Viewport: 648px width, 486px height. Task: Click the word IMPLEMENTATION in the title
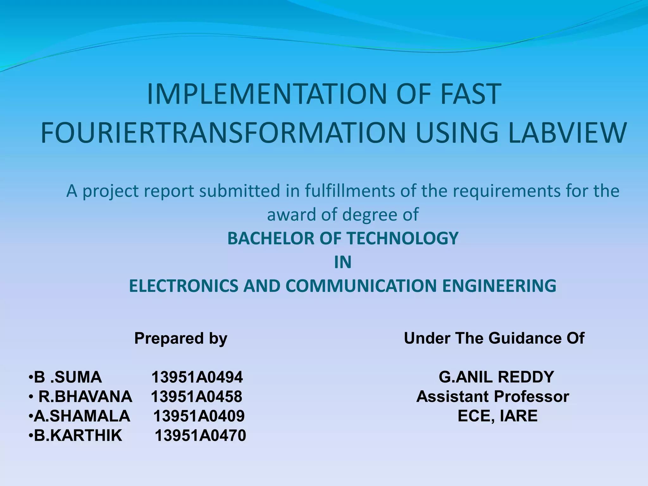click(267, 94)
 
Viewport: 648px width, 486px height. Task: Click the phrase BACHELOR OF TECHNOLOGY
click(343, 238)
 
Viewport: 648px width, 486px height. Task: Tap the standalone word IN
click(343, 262)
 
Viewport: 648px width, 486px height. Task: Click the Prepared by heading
click(181, 338)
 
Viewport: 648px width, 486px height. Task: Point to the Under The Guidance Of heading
click(494, 338)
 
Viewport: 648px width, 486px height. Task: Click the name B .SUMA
click(68, 377)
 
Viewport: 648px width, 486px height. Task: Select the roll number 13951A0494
click(197, 377)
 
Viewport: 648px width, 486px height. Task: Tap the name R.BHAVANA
click(85, 397)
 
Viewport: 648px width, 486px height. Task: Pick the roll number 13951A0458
click(196, 397)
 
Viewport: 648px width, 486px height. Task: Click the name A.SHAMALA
click(82, 416)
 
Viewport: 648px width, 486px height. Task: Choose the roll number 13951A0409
click(199, 416)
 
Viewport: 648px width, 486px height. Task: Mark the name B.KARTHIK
click(78, 436)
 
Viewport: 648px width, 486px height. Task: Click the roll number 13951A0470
click(200, 436)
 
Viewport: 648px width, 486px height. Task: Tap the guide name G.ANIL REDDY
click(496, 377)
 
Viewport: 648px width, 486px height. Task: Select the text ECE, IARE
click(497, 416)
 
